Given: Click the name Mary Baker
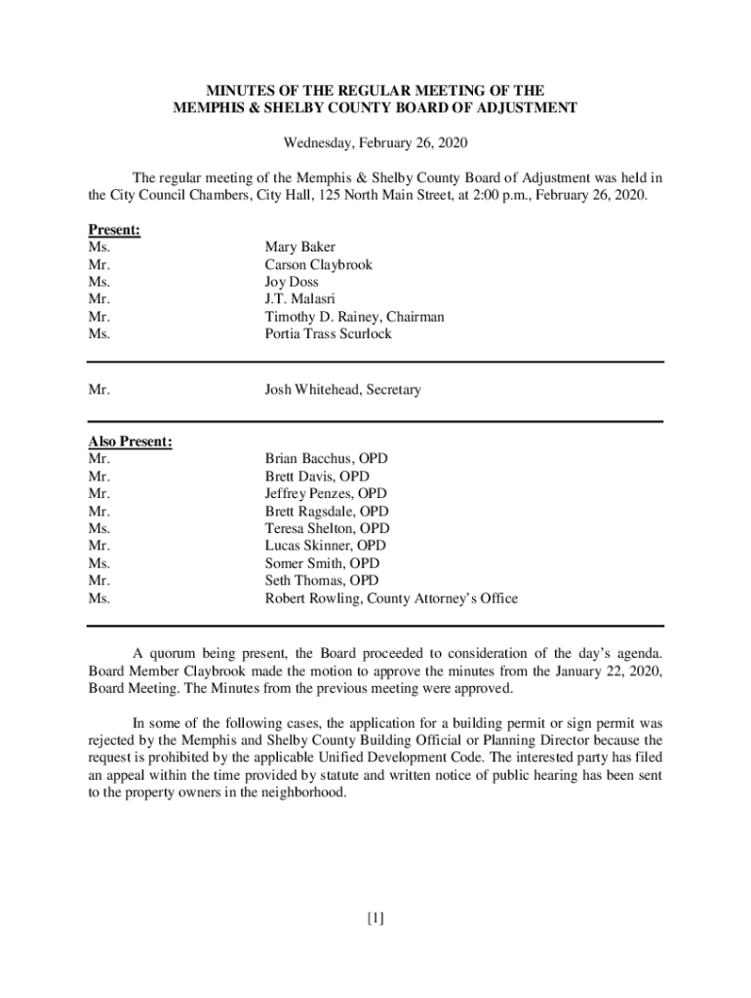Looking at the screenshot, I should pyautogui.click(x=299, y=248).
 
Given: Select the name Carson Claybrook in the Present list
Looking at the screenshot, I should pyautogui.click(x=318, y=265).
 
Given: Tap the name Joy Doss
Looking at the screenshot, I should pyautogui.click(x=293, y=283).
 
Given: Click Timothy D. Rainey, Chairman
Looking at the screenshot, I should pyautogui.click(x=354, y=317).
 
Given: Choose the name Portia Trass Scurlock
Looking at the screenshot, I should pyautogui.click(x=328, y=334).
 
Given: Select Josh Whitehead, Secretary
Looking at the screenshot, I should pyautogui.click(x=342, y=390).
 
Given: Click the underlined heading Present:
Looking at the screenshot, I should pyautogui.click(x=114, y=230).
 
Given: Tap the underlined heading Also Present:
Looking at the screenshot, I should pyautogui.click(x=131, y=441).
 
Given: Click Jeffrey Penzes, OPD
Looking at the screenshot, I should pyautogui.click(x=326, y=494).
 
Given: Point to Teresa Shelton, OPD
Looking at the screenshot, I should pyautogui.click(x=327, y=529).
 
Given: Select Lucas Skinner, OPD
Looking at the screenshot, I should pyautogui.click(x=325, y=546).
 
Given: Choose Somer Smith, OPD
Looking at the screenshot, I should pyautogui.click(x=322, y=563).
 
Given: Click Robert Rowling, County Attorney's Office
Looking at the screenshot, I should pyautogui.click(x=391, y=598).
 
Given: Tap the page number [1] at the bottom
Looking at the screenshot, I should pyautogui.click(x=375, y=917).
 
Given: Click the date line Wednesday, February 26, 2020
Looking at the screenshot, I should pyautogui.click(x=375, y=143).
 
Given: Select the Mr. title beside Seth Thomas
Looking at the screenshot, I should pyautogui.click(x=99, y=581).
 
